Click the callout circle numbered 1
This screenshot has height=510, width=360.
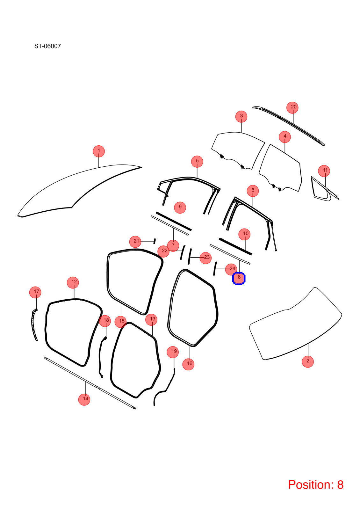[99, 151]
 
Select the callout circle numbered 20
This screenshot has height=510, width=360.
[292, 107]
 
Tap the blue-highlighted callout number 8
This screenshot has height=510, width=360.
[239, 279]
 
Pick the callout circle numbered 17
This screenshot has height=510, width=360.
[35, 292]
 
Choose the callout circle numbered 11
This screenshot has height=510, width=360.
[324, 171]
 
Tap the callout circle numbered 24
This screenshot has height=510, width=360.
[231, 269]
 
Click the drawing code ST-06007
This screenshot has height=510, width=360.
[47, 46]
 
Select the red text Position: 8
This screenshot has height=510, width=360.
[316, 484]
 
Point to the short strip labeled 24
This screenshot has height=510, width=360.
[215, 268]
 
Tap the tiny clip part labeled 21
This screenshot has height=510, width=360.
[155, 241]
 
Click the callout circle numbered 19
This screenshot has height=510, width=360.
[173, 352]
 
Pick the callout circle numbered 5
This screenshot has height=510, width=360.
[197, 161]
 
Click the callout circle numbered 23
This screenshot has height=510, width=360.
[206, 258]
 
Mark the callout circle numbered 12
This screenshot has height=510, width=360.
[73, 282]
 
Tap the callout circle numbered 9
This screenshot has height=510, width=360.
[180, 208]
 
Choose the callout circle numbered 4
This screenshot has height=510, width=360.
[285, 137]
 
